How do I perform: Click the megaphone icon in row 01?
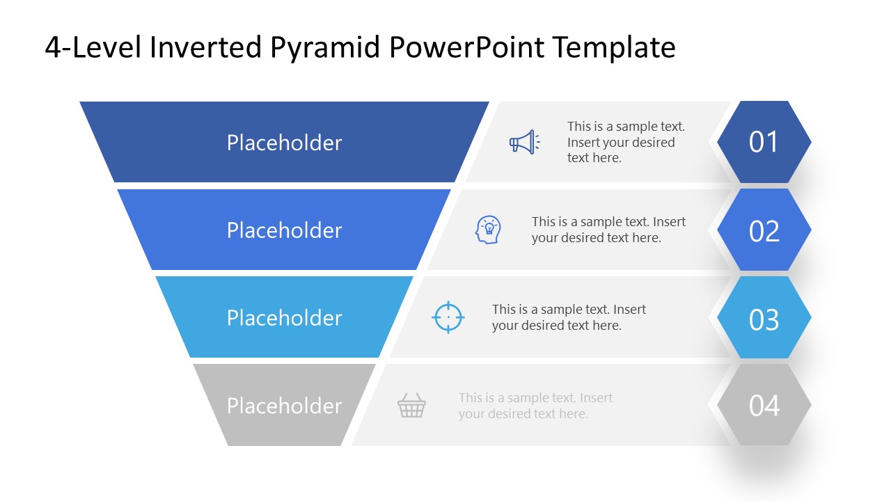[x=523, y=142]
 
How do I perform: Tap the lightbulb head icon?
[x=488, y=230]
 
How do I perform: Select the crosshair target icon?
[x=448, y=317]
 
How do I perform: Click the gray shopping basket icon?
[x=411, y=405]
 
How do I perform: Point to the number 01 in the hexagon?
[x=764, y=142]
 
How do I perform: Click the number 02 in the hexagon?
[x=764, y=230]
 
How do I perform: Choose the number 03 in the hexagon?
[x=764, y=319]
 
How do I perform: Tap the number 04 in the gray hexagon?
[x=764, y=406]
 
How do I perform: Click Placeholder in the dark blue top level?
[x=284, y=143]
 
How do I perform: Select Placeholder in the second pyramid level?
[x=284, y=230]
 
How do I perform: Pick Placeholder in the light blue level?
[x=284, y=318]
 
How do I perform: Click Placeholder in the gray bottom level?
[x=284, y=406]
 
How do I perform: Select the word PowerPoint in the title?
[x=467, y=47]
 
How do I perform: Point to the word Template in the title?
[x=614, y=47]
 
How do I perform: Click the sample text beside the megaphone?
[x=625, y=142]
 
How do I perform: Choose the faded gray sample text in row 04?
[x=535, y=406]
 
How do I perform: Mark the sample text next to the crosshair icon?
[x=569, y=317]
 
